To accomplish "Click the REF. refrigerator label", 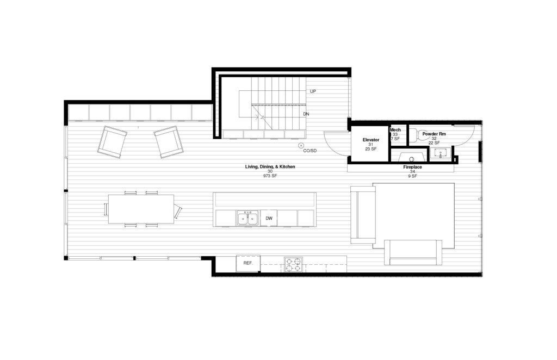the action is (x=247, y=263).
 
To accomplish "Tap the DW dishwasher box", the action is (x=269, y=219).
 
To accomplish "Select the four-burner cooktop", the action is (x=293, y=264).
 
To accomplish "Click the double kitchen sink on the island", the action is (x=248, y=219).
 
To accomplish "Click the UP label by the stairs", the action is (x=313, y=91).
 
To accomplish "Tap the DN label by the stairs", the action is (x=306, y=114).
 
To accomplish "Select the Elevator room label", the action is (x=371, y=140).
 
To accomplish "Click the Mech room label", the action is (x=395, y=130).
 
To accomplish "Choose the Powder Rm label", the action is (x=434, y=134).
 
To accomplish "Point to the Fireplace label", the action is (x=412, y=167).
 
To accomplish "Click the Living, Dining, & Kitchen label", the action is (x=270, y=166).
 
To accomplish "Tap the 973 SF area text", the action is (x=270, y=176).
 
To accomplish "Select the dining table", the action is (x=141, y=209).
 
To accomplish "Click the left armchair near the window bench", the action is (x=112, y=141).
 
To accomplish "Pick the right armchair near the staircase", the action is (x=169, y=142).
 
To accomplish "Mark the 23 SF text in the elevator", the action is (x=371, y=149).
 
